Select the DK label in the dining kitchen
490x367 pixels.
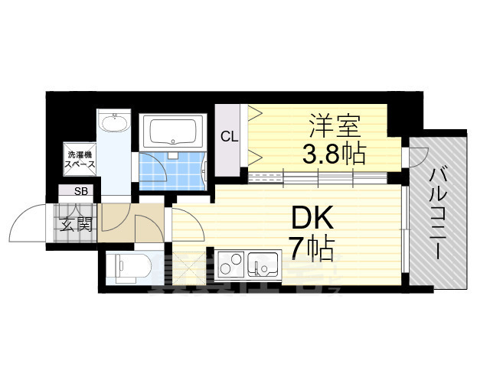[311, 220]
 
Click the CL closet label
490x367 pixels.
[228, 138]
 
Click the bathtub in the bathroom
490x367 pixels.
[173, 132]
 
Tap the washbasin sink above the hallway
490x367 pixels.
[116, 123]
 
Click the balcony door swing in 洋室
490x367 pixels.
[417, 157]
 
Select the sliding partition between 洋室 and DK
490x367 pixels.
[322, 179]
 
